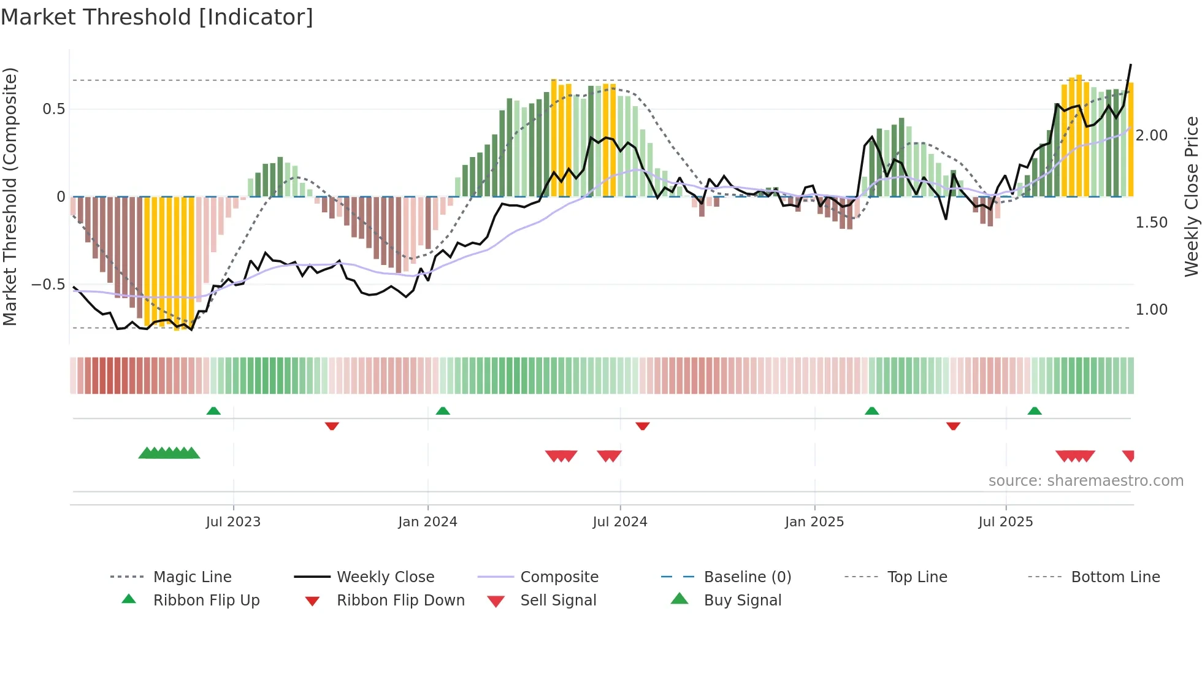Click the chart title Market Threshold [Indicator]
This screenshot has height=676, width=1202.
coord(157,17)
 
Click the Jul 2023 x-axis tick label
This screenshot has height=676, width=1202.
coord(233,522)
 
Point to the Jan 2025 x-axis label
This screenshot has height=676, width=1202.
coord(814,522)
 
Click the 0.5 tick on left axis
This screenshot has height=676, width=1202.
coord(54,109)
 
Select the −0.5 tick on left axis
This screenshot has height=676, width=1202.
coord(48,285)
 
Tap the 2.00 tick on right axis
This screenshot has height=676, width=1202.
coord(1151,136)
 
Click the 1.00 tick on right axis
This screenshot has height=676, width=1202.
coord(1151,310)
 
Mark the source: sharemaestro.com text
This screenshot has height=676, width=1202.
coord(1085,481)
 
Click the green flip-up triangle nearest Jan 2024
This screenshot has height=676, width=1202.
coord(443,411)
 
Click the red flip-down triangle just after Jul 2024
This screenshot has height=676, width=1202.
coord(642,426)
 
